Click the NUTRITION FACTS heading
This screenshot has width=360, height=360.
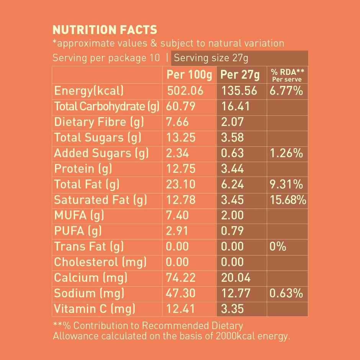pos(105,30)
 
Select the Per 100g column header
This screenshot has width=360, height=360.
pos(189,75)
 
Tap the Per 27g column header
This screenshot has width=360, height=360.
pos(240,75)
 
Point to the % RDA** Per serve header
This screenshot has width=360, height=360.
pos(287,75)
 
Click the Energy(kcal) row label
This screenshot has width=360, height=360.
pos(89,91)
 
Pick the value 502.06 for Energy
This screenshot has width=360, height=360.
pos(185,91)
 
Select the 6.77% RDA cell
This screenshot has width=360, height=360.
pos(286,91)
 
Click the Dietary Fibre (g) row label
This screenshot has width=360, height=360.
pos(99,122)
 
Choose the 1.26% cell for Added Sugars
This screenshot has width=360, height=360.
pos(286,154)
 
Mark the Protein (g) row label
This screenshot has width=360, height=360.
pos(83,169)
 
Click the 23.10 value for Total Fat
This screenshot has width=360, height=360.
pos(181,185)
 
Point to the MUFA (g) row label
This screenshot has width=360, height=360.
pos(79,216)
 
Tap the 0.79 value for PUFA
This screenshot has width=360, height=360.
pos(232,231)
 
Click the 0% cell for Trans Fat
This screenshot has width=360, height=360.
pos(278,247)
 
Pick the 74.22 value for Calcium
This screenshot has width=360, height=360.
pos(181,278)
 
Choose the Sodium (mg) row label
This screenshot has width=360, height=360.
pos(89,293)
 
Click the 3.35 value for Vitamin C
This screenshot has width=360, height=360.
pos(232,309)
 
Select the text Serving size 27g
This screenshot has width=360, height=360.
pos(211,58)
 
